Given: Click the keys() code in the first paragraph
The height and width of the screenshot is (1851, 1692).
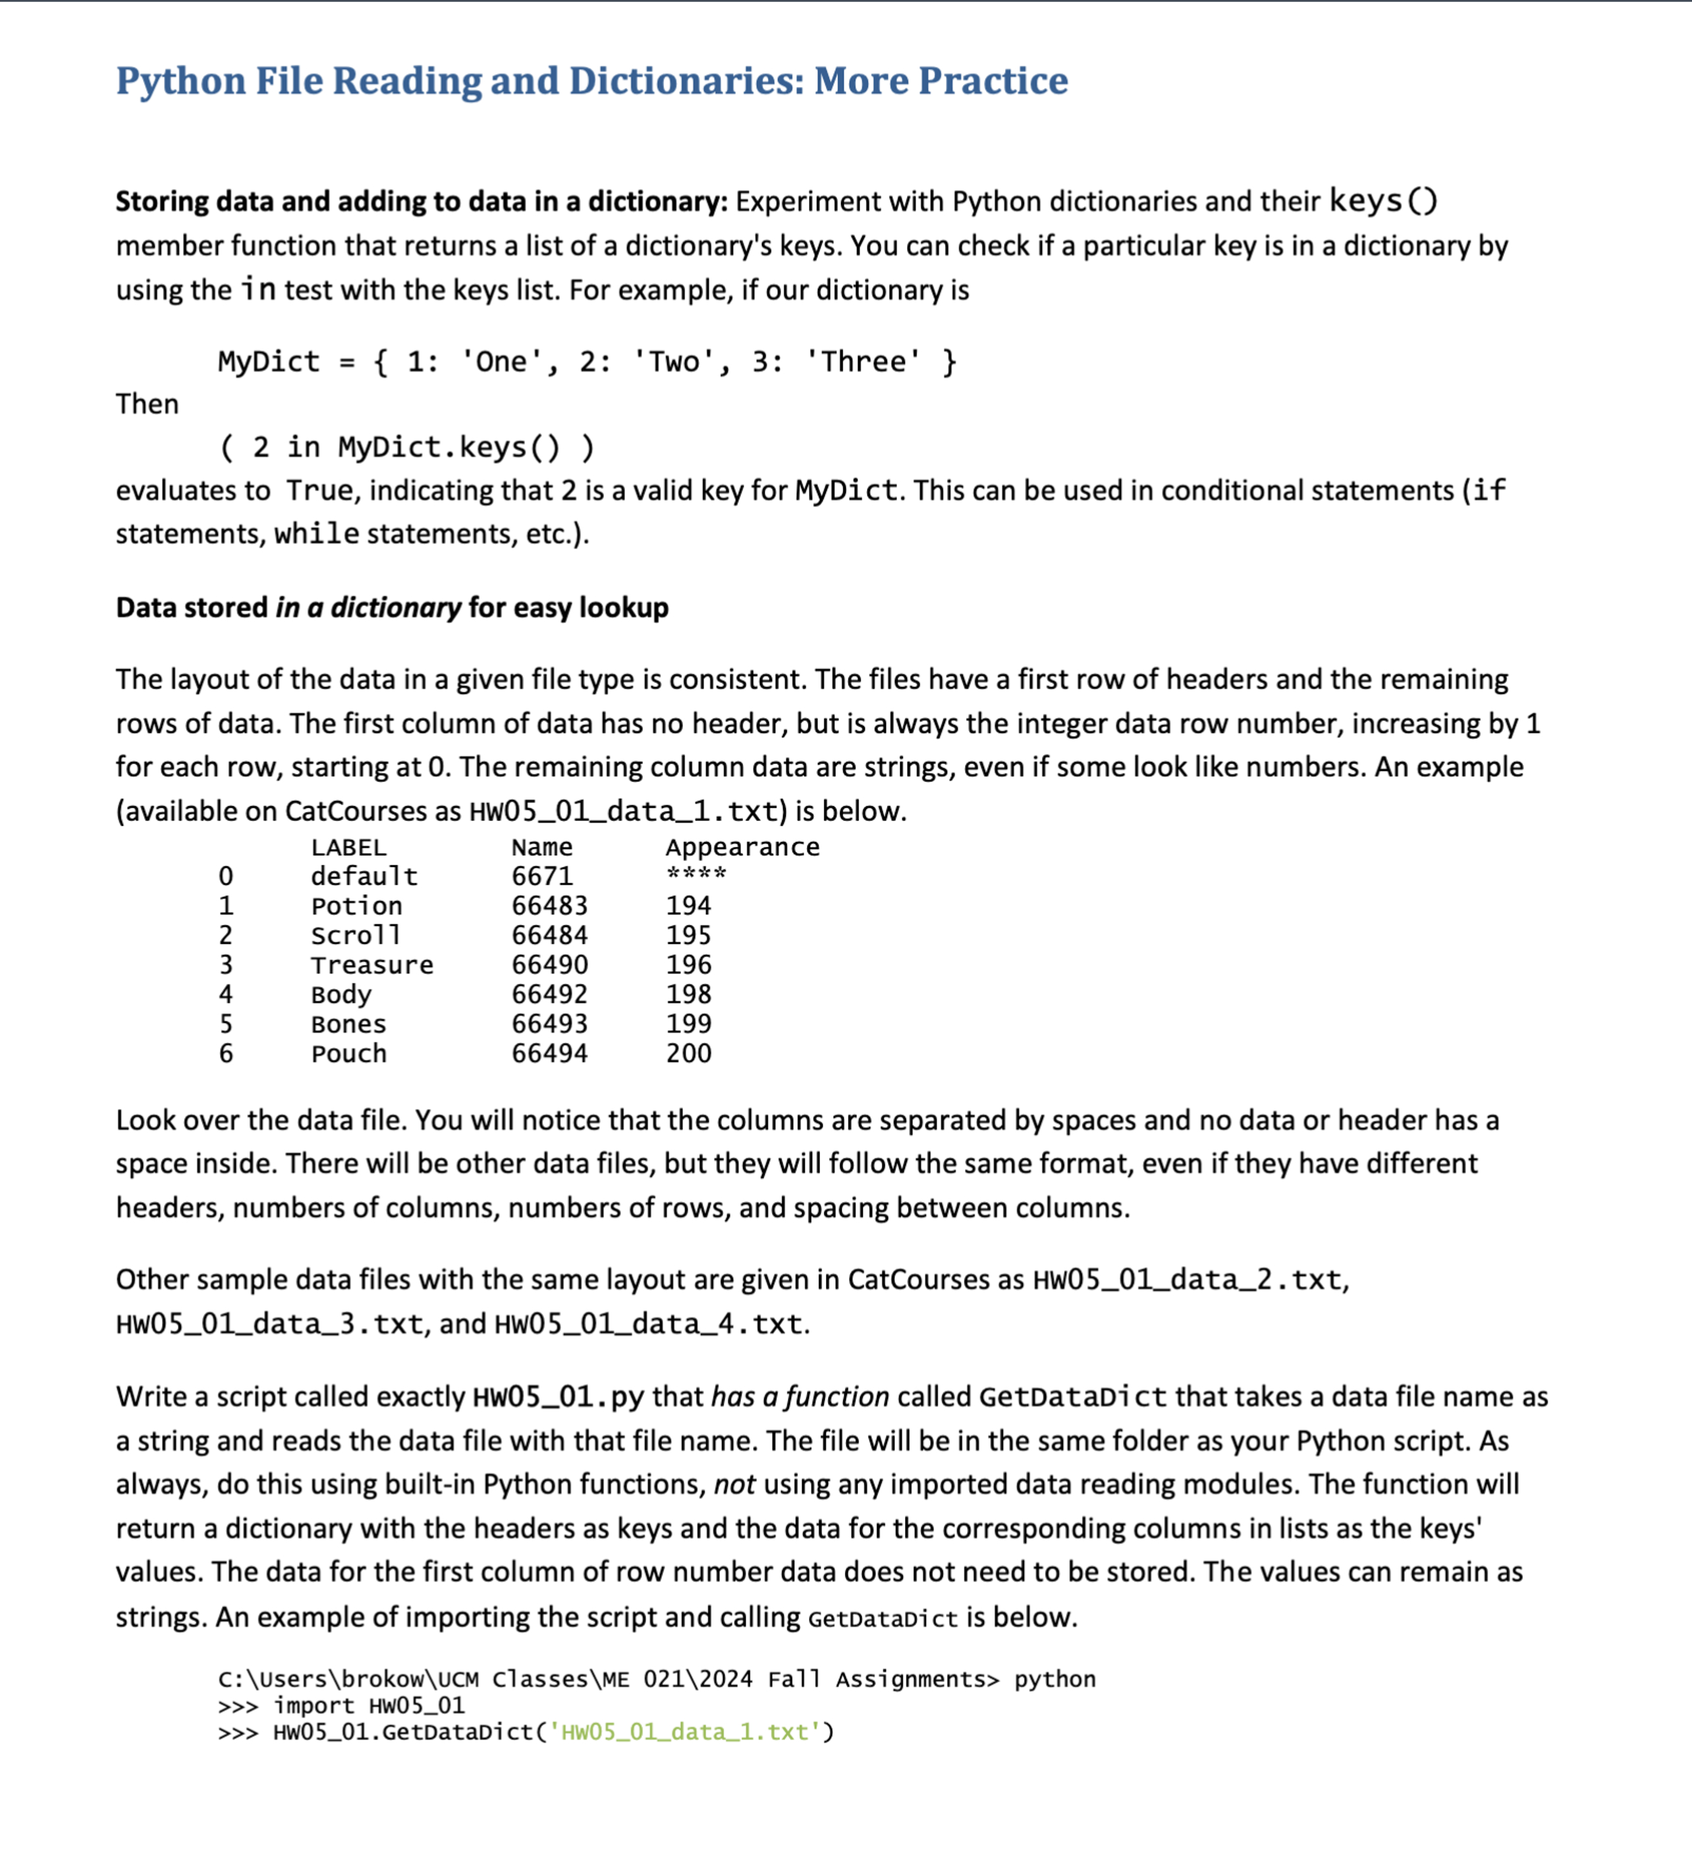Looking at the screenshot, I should point(1382,200).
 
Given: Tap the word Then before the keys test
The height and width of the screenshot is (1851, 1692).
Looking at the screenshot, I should point(147,404).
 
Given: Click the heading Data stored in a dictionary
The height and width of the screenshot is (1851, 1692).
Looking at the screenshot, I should point(392,608).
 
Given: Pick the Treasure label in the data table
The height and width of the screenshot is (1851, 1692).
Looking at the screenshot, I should point(372,965).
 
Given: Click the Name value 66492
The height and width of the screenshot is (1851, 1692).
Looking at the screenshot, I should point(549,995).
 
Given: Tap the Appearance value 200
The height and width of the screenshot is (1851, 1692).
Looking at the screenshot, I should point(688,1053).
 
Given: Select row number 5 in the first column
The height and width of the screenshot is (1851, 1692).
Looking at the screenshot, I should point(226,1024).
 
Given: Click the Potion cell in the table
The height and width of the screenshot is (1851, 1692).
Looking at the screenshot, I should point(356,906).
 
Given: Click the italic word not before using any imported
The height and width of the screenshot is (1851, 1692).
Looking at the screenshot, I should point(734,1485).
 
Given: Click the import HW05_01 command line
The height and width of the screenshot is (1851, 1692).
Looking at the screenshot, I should point(368,1706).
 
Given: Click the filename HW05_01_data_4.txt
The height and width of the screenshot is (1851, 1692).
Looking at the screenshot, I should point(649,1324).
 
